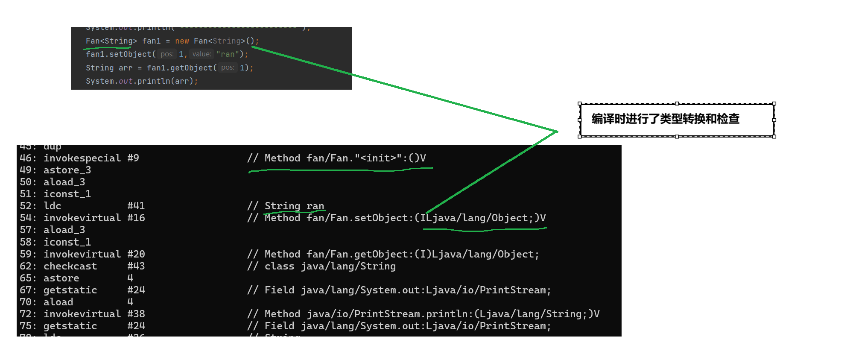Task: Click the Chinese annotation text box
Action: [676, 120]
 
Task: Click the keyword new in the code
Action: [182, 41]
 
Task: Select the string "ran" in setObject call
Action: [228, 54]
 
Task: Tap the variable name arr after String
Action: [126, 68]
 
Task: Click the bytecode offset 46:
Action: [28, 158]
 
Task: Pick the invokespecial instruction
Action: [82, 158]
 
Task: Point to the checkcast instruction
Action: [70, 266]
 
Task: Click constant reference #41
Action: [136, 206]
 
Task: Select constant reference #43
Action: [136, 266]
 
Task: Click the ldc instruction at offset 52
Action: [52, 206]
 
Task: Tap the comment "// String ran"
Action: [286, 206]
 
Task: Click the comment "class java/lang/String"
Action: [330, 266]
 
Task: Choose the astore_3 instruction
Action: [67, 170]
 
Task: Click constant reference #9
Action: [133, 158]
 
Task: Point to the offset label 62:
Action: [28, 266]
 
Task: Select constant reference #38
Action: [136, 314]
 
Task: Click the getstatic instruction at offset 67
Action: [70, 290]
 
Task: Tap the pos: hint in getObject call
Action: [228, 67]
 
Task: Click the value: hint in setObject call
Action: [202, 54]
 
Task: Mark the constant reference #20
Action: [136, 254]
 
